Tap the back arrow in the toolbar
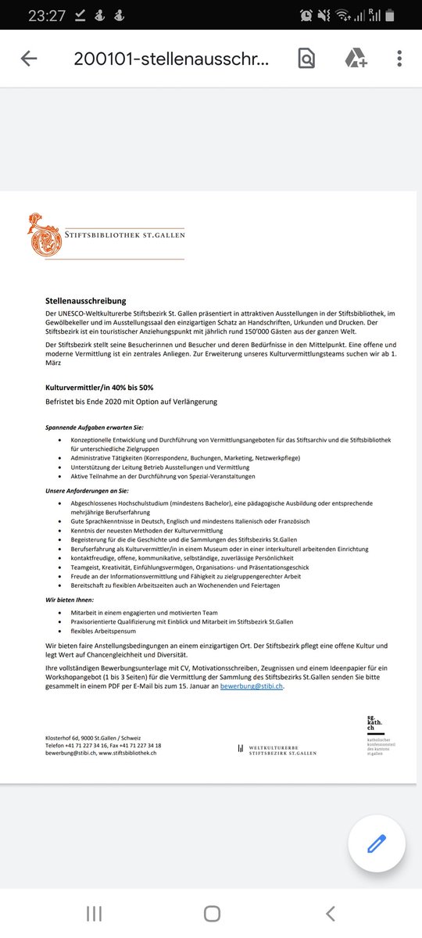pyautogui.click(x=29, y=59)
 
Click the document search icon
pyautogui.click(x=306, y=59)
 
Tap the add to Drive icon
pyautogui.click(x=356, y=59)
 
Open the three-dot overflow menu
pyautogui.click(x=399, y=59)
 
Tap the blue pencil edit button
pyautogui.click(x=376, y=843)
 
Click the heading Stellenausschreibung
pyautogui.click(x=85, y=301)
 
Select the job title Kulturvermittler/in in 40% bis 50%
pyautogui.click(x=98, y=387)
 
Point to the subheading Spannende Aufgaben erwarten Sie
pyautogui.click(x=95, y=428)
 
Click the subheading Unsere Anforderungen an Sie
pyautogui.click(x=88, y=490)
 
